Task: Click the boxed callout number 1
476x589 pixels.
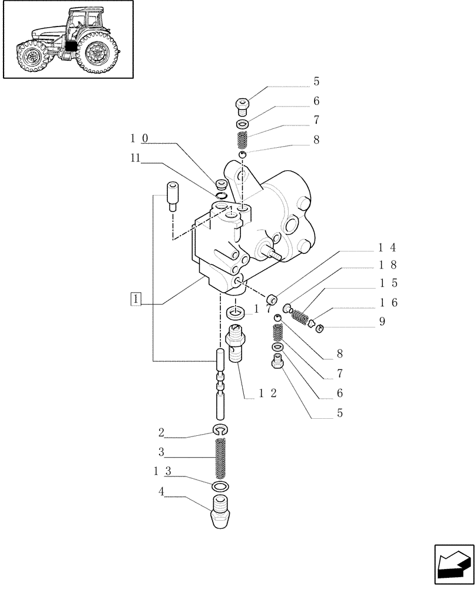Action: [136, 299]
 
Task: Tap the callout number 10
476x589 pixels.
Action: [139, 139]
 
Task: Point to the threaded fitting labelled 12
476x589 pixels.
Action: [237, 344]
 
